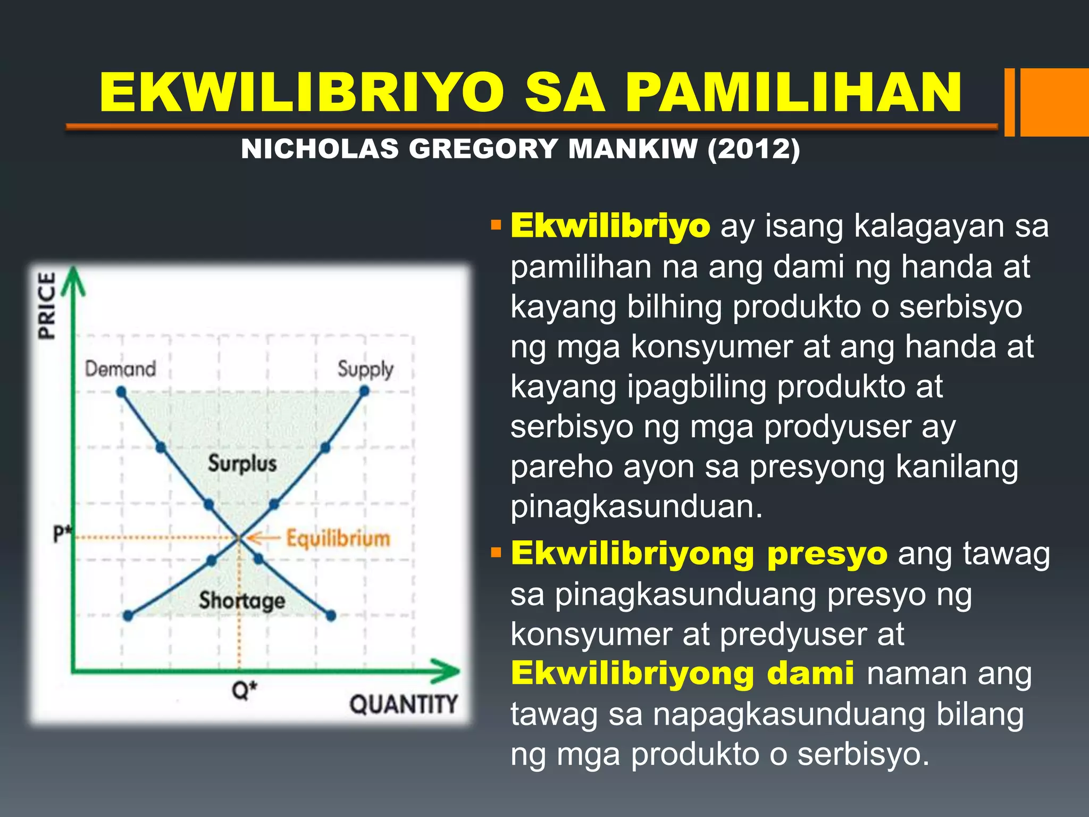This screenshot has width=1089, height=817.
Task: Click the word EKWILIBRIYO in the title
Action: pyautogui.click(x=301, y=93)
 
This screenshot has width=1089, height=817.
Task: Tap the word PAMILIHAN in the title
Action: pyautogui.click(x=793, y=93)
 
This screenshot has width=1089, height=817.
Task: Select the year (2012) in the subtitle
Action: pyautogui.click(x=753, y=148)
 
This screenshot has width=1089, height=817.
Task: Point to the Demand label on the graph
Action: pyautogui.click(x=120, y=369)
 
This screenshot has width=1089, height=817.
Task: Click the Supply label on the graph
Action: pyautogui.click(x=365, y=369)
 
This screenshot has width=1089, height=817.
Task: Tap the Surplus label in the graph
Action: pyautogui.click(x=242, y=463)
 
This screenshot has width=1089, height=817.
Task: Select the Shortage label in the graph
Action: pyautogui.click(x=242, y=601)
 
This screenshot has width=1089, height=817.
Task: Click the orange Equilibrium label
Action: pyautogui.click(x=338, y=538)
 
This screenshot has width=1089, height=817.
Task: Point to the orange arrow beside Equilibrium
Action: pyautogui.click(x=262, y=538)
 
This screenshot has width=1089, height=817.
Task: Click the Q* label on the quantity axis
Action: pyautogui.click(x=244, y=690)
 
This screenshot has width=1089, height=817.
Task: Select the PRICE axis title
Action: pyautogui.click(x=47, y=305)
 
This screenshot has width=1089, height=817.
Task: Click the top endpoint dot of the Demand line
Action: pyautogui.click(x=121, y=392)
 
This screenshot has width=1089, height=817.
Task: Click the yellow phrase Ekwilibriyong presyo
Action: pyautogui.click(x=699, y=554)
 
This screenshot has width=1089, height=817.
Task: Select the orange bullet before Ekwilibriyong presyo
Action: pyautogui.click(x=497, y=554)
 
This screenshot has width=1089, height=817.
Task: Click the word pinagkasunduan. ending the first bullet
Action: pyautogui.click(x=636, y=506)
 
